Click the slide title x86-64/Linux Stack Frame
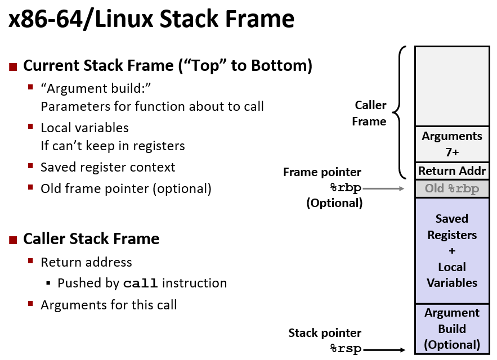click(x=151, y=19)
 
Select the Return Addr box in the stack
click(x=452, y=171)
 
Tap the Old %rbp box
click(x=452, y=188)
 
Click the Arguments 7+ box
click(x=452, y=144)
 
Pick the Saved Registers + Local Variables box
click(x=452, y=250)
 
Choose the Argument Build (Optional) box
click(x=452, y=328)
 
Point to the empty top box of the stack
click(x=452, y=85)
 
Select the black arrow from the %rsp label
click(x=385, y=350)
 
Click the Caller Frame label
click(x=369, y=113)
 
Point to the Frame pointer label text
click(x=322, y=173)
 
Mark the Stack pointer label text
click(x=325, y=333)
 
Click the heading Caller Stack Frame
click(x=91, y=239)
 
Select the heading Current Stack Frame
click(x=167, y=66)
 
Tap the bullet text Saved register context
click(x=108, y=167)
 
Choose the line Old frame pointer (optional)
click(x=126, y=188)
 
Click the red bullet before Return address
click(x=31, y=263)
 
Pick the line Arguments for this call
click(x=109, y=305)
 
